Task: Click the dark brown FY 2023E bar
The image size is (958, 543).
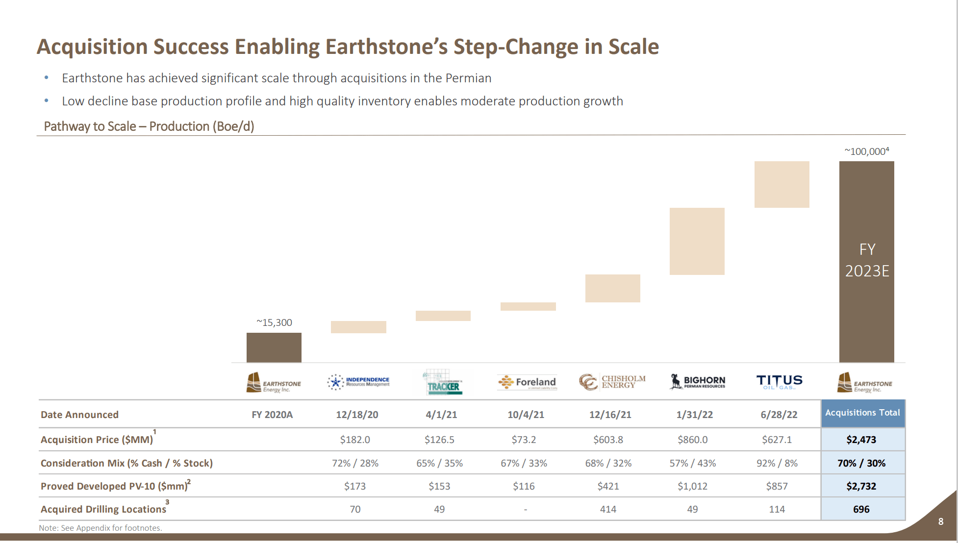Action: point(866,262)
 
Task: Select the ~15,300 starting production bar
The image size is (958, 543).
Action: point(274,347)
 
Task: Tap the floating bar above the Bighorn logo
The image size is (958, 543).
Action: point(697,241)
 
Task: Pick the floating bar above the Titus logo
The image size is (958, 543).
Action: point(782,184)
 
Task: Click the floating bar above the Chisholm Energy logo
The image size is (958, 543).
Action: point(612,288)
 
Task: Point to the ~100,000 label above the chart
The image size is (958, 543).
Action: point(866,151)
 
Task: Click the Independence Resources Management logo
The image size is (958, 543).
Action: point(358,382)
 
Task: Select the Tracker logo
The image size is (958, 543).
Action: point(443,383)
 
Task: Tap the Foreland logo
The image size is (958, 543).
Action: point(528,382)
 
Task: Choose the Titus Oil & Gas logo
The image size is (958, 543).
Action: point(779,382)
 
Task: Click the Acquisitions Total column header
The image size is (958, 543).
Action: point(862,413)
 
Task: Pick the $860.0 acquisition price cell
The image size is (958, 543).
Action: point(692,440)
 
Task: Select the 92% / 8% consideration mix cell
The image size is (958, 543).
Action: point(777,463)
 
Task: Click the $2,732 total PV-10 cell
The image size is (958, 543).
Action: point(861,486)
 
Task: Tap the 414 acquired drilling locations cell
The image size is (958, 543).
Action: point(608,509)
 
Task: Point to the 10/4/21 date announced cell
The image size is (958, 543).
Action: point(526,415)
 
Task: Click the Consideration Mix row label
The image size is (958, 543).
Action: point(126,463)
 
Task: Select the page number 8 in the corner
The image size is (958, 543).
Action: point(940,521)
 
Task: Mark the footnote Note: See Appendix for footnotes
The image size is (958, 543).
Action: point(101,528)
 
